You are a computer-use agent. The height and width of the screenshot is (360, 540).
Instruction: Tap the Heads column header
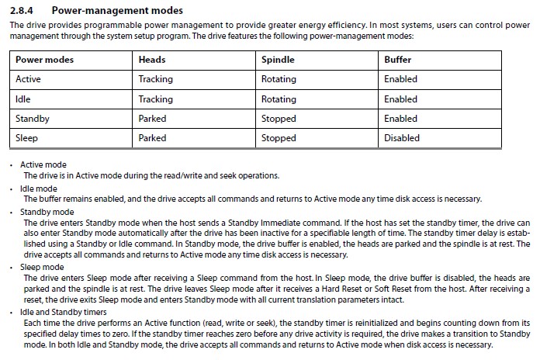point(152,59)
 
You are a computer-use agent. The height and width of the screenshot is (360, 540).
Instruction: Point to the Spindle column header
point(278,59)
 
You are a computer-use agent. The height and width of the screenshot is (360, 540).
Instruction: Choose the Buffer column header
point(398,59)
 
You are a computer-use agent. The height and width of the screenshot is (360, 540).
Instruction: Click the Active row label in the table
point(28,79)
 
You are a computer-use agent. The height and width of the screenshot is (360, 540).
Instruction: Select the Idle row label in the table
point(23,99)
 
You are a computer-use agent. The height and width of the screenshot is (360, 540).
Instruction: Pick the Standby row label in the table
point(33,119)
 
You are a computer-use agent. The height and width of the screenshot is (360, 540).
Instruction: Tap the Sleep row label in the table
point(27,138)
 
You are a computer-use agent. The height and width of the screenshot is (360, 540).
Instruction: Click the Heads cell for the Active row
point(155,79)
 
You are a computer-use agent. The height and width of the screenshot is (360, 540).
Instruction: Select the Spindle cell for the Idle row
point(279,99)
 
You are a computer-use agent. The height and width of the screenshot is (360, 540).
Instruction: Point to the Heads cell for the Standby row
point(152,119)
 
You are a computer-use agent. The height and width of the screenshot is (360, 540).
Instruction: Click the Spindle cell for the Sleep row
point(279,138)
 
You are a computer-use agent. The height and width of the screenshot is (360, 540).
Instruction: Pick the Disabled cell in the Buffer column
point(402,138)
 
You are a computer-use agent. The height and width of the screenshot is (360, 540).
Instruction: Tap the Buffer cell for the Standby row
point(400,119)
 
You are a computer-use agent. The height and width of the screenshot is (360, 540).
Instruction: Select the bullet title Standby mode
point(48,212)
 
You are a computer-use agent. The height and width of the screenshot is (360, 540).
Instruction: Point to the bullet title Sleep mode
point(43,266)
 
